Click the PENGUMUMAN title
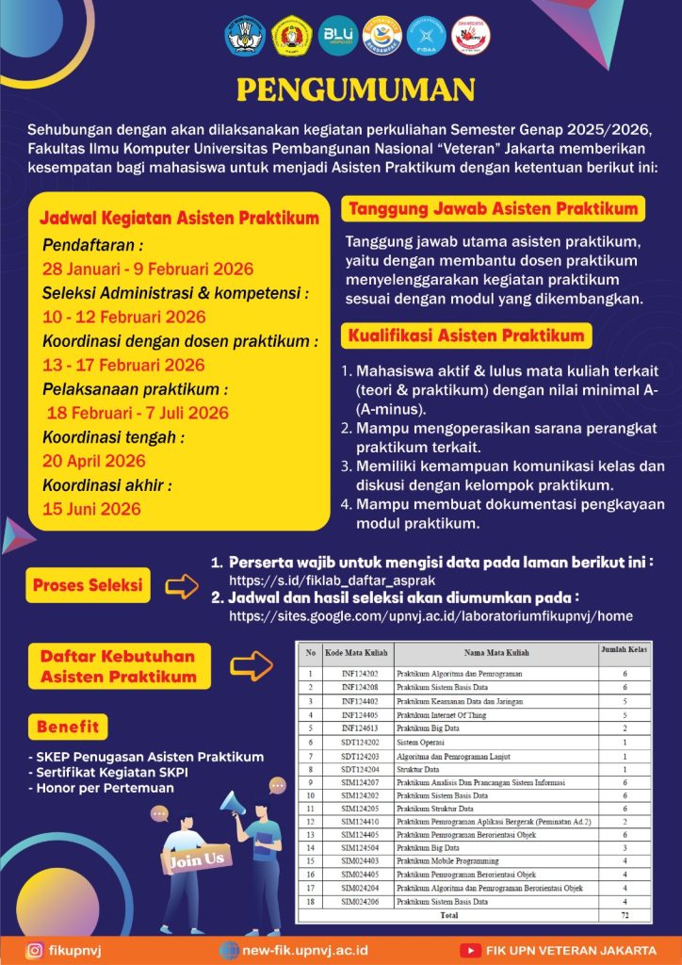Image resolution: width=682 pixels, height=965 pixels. pos(355,90)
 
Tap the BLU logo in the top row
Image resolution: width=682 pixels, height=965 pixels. pos(337,35)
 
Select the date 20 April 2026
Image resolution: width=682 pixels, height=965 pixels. pos(94,461)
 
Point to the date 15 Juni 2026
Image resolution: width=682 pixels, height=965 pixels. pos(91,509)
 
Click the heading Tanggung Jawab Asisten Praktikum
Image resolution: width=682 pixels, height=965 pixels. pos(494,208)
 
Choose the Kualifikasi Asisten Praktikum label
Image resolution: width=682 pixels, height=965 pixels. pos(466,335)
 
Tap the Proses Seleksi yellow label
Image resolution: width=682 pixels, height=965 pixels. pos(88,585)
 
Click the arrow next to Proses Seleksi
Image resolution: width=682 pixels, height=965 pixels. pos(182,586)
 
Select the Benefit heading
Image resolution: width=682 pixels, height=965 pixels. pos(68,727)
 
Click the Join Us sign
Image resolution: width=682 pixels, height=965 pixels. pos(197,859)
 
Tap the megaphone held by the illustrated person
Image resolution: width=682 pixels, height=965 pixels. pos(232,803)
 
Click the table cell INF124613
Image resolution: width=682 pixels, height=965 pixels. pos(358,728)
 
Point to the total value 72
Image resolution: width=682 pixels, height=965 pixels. pos(624,915)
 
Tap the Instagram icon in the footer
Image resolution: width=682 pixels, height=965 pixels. pos(35,951)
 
